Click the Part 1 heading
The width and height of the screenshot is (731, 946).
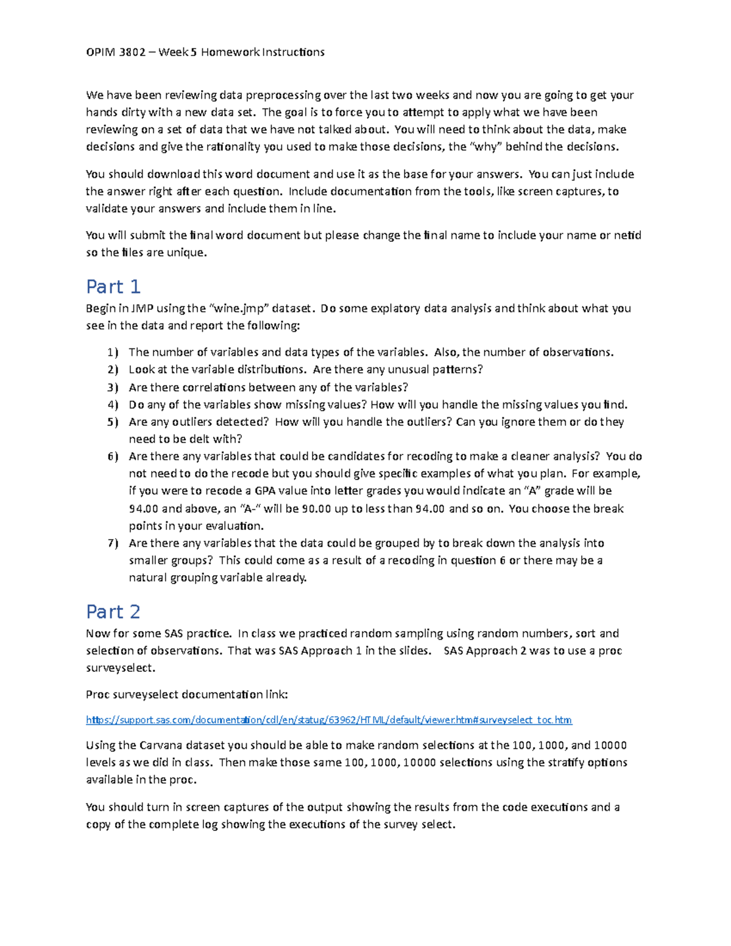(113, 286)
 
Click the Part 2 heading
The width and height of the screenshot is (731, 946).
(113, 612)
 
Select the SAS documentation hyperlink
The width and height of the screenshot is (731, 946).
(329, 720)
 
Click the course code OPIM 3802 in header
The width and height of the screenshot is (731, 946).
(116, 52)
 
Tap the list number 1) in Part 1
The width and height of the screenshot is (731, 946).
(113, 352)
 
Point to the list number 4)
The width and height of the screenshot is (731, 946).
(113, 404)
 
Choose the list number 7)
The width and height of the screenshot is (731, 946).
(113, 543)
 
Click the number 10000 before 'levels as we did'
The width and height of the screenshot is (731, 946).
(610, 745)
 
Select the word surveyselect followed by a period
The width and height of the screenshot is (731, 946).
(120, 668)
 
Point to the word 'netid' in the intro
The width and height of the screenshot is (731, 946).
(627, 235)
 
